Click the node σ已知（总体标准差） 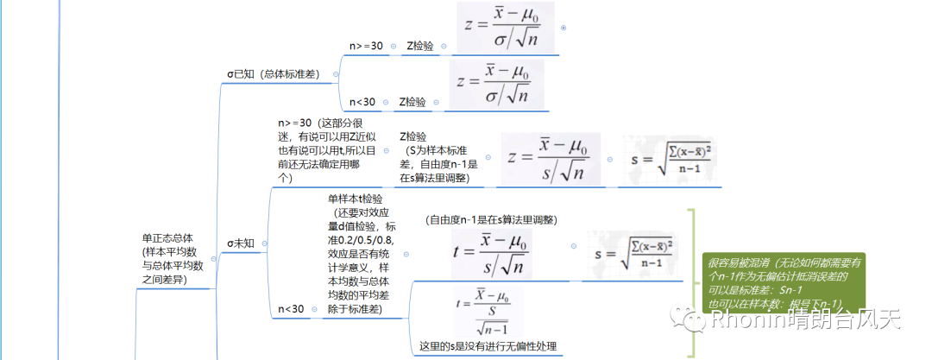tap(273, 74)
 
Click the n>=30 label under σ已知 tap(366, 46)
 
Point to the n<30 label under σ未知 tap(291, 309)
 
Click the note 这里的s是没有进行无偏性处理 tap(488, 346)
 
